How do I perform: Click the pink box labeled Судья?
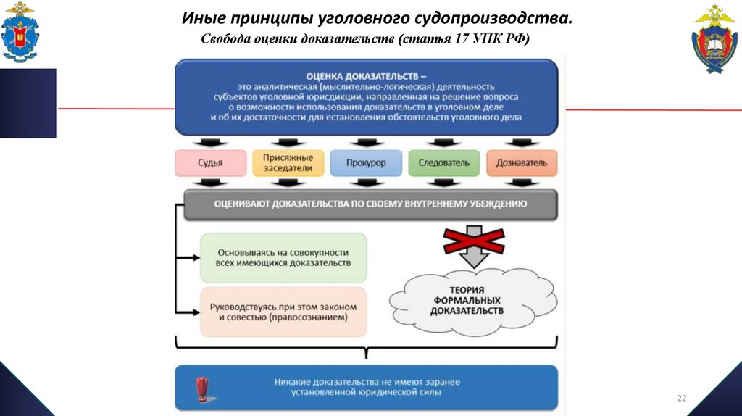click(x=209, y=163)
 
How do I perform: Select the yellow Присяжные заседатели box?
click(x=288, y=163)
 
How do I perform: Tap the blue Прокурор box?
click(x=366, y=163)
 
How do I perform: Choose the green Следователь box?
click(x=443, y=163)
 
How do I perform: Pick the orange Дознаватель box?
click(x=521, y=163)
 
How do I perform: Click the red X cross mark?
click(x=475, y=241)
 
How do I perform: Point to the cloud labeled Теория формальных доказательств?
click(x=467, y=299)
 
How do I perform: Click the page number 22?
click(x=681, y=398)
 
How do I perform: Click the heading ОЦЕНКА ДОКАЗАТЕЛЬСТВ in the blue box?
click(x=366, y=75)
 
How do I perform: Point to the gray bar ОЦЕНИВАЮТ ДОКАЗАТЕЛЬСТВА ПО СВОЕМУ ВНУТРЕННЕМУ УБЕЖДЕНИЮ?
click(x=370, y=204)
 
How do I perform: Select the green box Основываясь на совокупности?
click(x=283, y=257)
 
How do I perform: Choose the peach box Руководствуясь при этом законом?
click(x=283, y=312)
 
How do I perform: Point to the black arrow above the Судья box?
click(x=209, y=142)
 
